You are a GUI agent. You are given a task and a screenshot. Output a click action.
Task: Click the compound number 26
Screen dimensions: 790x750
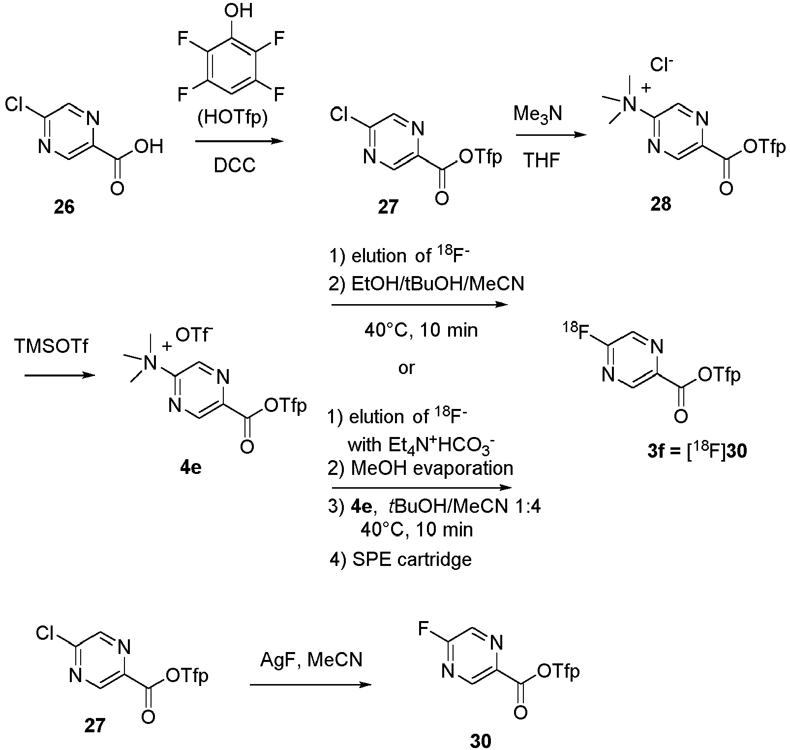(64, 207)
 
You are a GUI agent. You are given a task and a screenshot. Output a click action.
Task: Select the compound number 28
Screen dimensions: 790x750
(661, 203)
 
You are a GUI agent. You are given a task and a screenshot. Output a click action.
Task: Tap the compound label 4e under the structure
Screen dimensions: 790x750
(191, 467)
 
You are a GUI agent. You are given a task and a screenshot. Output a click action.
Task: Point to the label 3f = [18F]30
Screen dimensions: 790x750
(697, 451)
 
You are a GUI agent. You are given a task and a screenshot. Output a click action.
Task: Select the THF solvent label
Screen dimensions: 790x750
(542, 160)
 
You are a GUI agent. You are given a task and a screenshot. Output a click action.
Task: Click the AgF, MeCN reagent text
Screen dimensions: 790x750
(311, 659)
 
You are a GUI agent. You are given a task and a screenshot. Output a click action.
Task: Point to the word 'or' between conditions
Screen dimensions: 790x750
(406, 367)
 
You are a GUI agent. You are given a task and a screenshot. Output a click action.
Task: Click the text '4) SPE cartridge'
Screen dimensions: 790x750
(400, 560)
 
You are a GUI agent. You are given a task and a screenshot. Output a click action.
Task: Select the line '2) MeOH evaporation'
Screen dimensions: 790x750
(421, 468)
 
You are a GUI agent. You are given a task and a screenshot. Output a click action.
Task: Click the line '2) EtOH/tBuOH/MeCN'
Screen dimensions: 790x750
(425, 284)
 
